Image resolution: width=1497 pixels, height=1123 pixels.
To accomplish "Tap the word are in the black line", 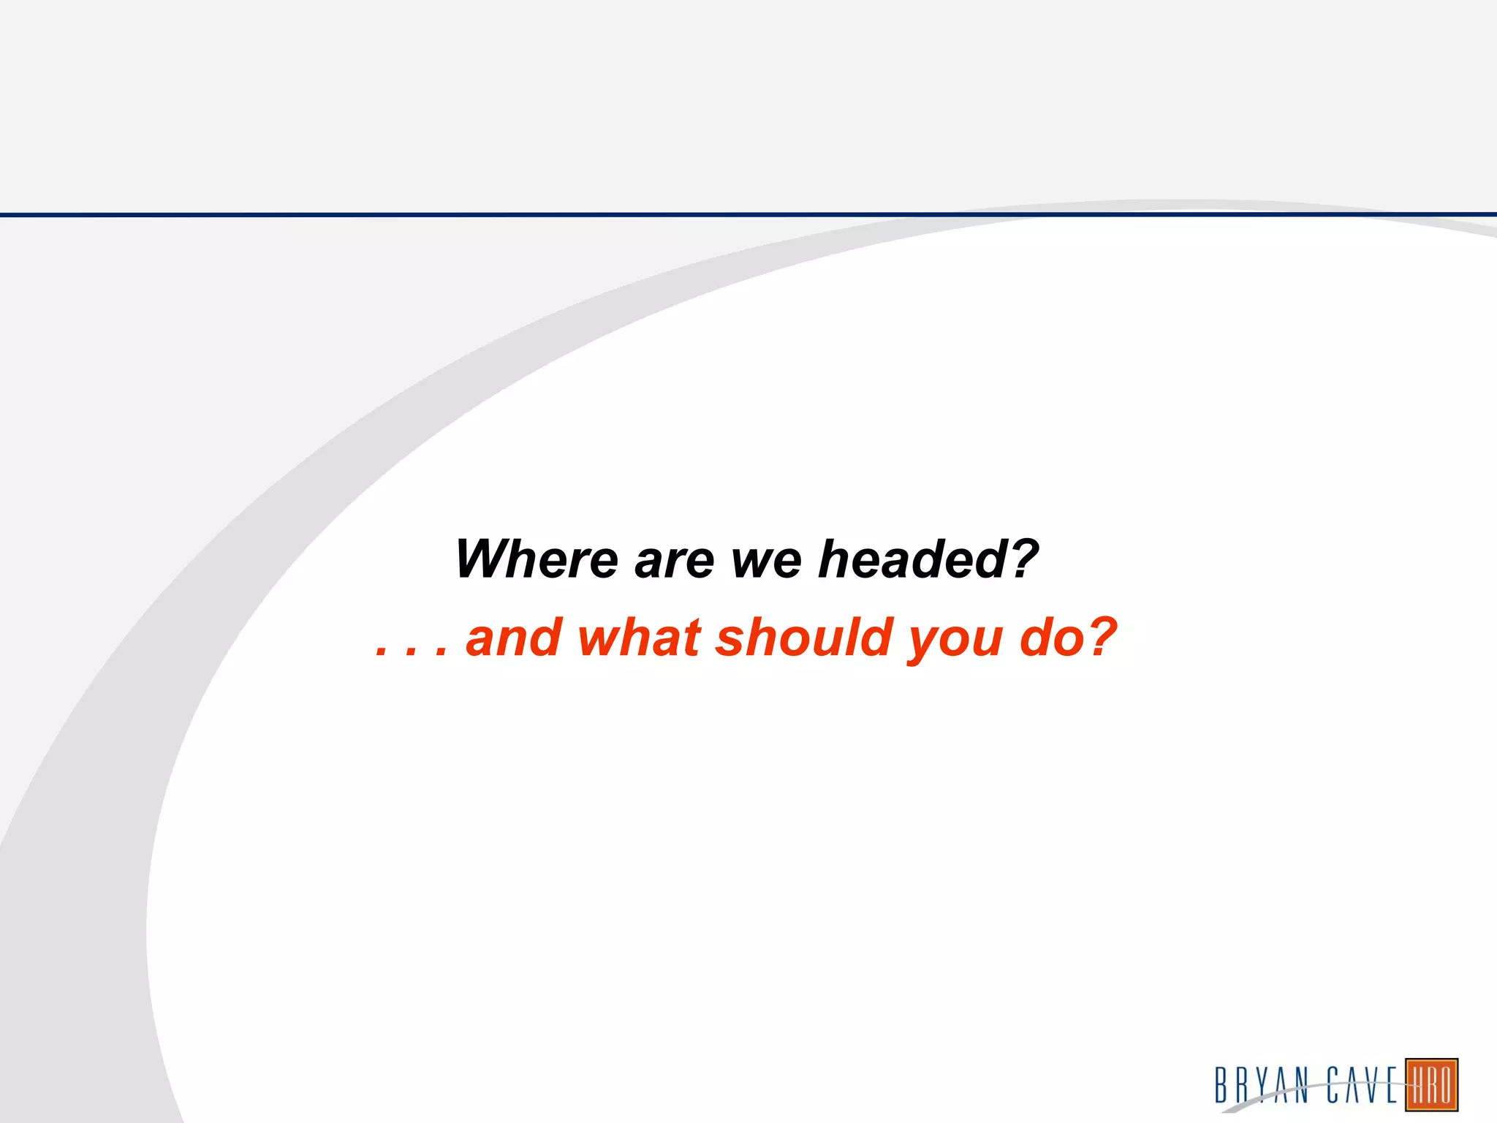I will click(x=674, y=561).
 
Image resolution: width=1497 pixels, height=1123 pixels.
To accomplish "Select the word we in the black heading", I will click(x=767, y=561).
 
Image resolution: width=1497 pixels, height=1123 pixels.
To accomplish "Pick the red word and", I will click(x=514, y=638).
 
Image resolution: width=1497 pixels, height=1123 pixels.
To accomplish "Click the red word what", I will click(x=640, y=638).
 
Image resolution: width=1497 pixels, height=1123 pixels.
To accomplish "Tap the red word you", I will click(x=955, y=640).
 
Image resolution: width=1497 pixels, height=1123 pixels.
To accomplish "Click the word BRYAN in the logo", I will click(x=1262, y=1085).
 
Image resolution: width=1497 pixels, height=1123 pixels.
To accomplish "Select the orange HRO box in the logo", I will click(x=1431, y=1085).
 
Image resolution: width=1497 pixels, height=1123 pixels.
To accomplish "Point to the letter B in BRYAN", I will click(x=1221, y=1085).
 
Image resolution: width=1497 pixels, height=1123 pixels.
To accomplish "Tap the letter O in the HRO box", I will click(x=1445, y=1085).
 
